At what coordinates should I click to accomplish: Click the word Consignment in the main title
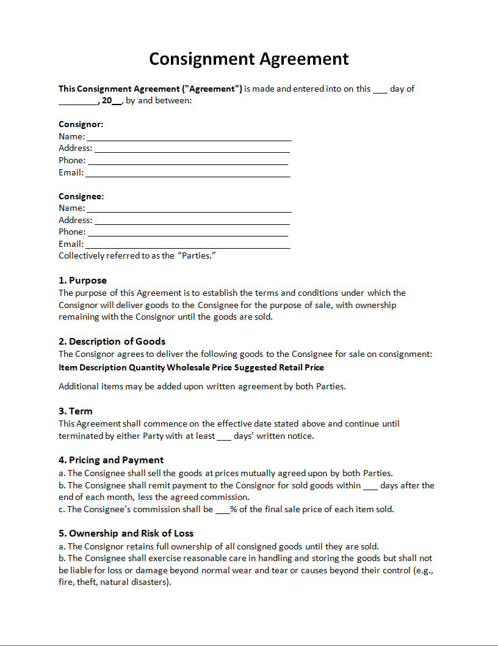pyautogui.click(x=202, y=59)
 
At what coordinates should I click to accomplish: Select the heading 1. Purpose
pyautogui.click(x=82, y=281)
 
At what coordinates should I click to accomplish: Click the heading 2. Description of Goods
pyautogui.click(x=112, y=342)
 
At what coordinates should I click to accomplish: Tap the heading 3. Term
pyautogui.click(x=76, y=411)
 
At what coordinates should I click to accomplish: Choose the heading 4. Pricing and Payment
pyautogui.click(x=111, y=460)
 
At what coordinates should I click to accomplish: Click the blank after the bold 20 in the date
pyautogui.click(x=117, y=102)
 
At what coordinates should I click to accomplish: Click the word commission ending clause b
pyautogui.click(x=229, y=497)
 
